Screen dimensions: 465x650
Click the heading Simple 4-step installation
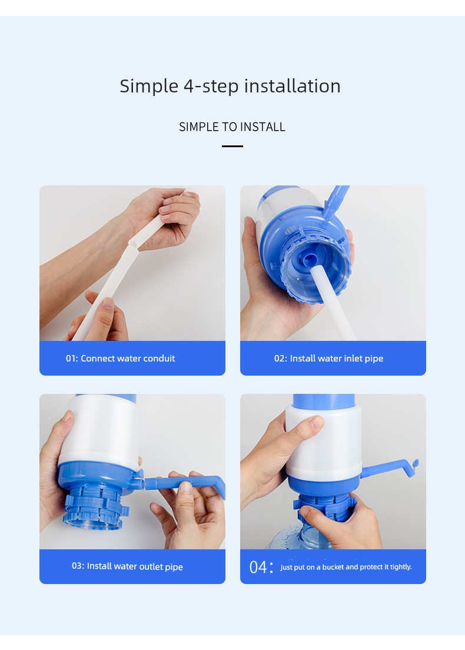[230, 86]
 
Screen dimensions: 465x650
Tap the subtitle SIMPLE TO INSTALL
[232, 127]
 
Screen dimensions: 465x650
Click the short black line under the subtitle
[232, 147]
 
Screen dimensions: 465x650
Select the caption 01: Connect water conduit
[120, 358]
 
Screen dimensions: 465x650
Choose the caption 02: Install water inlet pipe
[328, 358]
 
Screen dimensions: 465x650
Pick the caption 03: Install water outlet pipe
[127, 566]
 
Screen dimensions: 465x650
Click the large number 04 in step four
[258, 567]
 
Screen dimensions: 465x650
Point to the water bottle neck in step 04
[315, 535]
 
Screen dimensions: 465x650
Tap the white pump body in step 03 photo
[100, 431]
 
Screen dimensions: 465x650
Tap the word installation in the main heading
[292, 86]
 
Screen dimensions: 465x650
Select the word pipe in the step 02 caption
[374, 359]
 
